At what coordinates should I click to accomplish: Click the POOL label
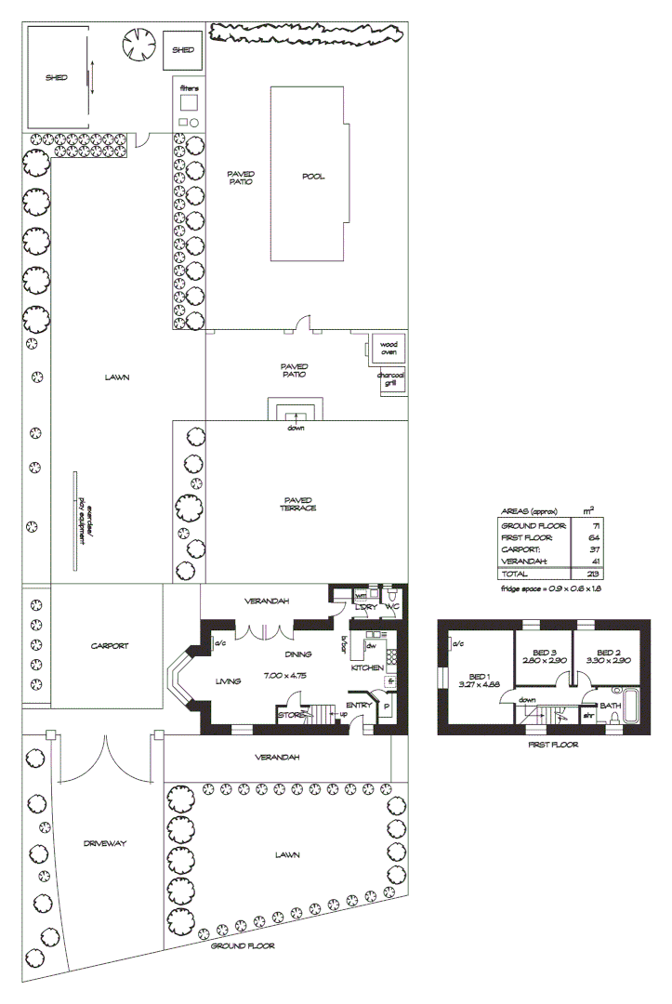(x=313, y=177)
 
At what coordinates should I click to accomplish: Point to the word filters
(x=189, y=88)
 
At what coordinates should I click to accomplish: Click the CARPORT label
(x=109, y=645)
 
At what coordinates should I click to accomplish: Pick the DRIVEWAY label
(x=103, y=843)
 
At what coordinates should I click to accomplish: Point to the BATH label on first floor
(x=610, y=706)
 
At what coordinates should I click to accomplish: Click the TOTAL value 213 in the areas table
(x=593, y=575)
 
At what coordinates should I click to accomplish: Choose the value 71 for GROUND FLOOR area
(x=593, y=525)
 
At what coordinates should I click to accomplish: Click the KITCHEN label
(x=367, y=668)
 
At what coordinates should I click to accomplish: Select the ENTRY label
(x=359, y=706)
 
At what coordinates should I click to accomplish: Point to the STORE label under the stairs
(x=291, y=715)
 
